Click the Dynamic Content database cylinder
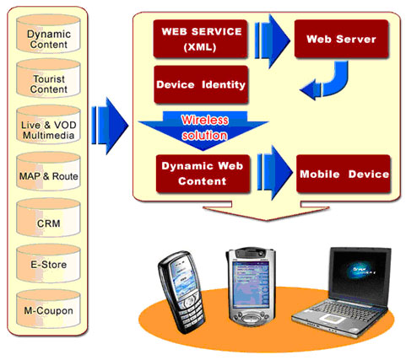pyautogui.click(x=48, y=34)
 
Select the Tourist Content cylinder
pyautogui.click(x=48, y=78)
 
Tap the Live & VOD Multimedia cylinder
pyautogui.click(x=48, y=125)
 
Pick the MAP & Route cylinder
pyautogui.click(x=48, y=171)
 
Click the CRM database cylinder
pyautogui.click(x=48, y=218)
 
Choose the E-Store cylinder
pyautogui.click(x=48, y=264)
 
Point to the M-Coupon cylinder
pyautogui.click(x=48, y=309)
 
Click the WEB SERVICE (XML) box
pyautogui.click(x=201, y=39)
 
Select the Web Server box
pyautogui.click(x=341, y=39)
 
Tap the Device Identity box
pyautogui.click(x=201, y=84)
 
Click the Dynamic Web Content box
pyautogui.click(x=203, y=174)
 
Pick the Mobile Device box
pyautogui.click(x=344, y=174)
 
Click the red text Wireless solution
pyautogui.click(x=204, y=127)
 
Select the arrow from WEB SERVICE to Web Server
pyautogui.click(x=272, y=41)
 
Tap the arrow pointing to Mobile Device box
pyautogui.click(x=274, y=173)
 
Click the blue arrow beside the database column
pyautogui.click(x=110, y=126)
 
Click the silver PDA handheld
pyautogui.click(x=250, y=286)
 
